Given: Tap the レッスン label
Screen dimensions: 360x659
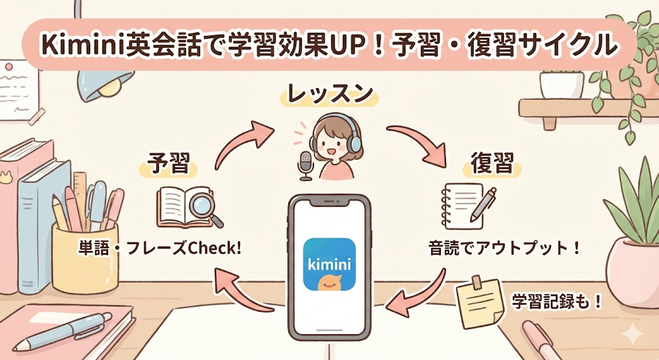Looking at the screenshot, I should (x=329, y=94).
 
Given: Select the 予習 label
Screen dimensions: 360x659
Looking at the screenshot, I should (x=169, y=164).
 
